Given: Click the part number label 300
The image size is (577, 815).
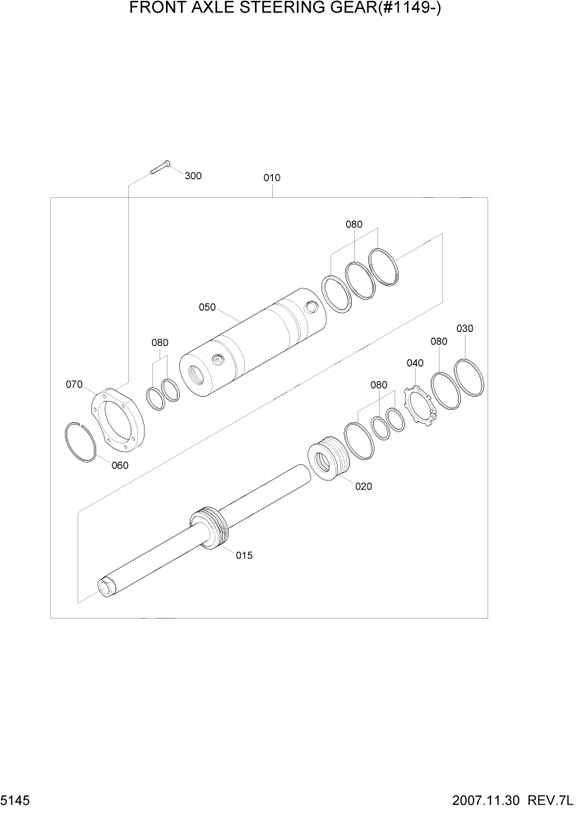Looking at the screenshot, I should (x=193, y=176).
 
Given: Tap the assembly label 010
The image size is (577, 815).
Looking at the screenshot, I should (x=272, y=177).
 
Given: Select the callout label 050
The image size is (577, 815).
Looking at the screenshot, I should (x=206, y=307).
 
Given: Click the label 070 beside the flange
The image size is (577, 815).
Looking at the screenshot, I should (x=74, y=384).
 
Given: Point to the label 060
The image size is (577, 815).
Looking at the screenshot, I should (x=120, y=465).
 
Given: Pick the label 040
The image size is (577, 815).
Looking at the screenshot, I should (x=415, y=363).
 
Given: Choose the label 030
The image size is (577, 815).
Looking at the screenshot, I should (x=465, y=329).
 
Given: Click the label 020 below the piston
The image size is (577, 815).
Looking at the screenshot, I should (x=363, y=486).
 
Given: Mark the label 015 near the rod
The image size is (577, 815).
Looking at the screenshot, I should (x=244, y=555).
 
